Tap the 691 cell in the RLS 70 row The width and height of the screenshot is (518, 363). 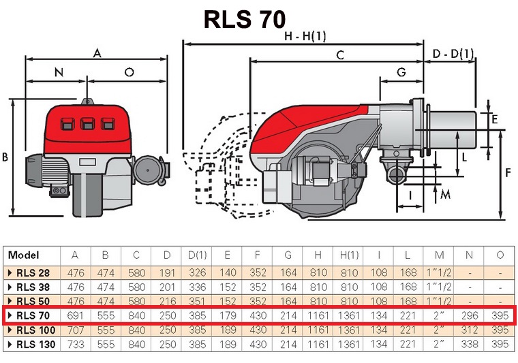coord(76,315)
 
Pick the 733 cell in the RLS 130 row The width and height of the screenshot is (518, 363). coord(76,344)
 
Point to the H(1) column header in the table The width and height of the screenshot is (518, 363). coord(348,255)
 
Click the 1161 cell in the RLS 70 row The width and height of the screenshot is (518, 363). coord(318,315)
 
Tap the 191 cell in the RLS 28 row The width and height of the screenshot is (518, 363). coord(167,272)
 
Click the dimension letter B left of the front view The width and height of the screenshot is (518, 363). coord(5,157)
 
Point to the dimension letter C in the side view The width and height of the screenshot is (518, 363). coord(339,56)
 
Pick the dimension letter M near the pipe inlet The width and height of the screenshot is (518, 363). coord(445,194)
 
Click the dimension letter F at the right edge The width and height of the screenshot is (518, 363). coord(508,172)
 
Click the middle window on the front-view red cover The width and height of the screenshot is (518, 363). coord(87,124)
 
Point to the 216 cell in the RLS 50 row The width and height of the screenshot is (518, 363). coord(167,301)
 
